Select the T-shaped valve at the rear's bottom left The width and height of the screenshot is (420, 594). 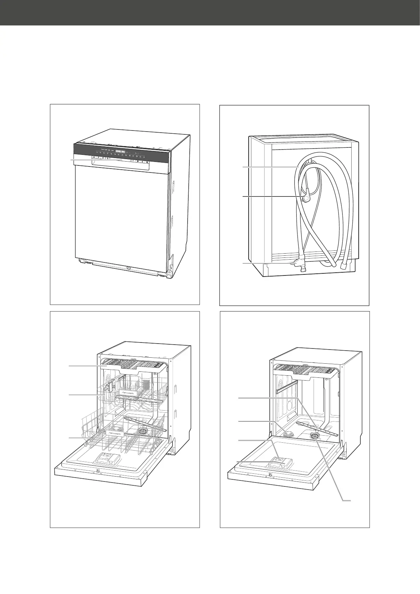(298, 262)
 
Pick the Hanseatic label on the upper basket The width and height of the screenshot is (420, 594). (128, 392)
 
